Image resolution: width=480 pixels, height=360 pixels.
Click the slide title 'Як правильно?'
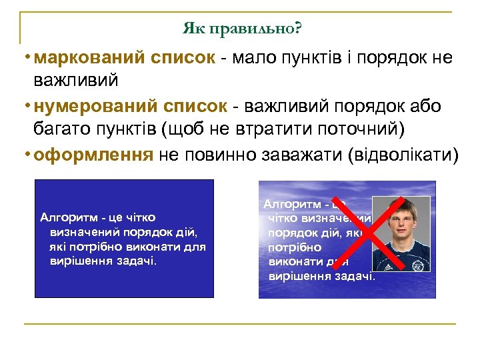coord(242,29)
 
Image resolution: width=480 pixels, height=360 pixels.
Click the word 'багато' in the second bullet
coord(62,131)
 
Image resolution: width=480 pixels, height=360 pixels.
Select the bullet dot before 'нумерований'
coord(25,107)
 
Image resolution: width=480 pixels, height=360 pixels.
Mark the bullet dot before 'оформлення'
coord(25,155)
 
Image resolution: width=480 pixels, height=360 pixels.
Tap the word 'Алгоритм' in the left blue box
coord(65,217)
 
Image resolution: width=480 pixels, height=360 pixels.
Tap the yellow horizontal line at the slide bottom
coord(240,324)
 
